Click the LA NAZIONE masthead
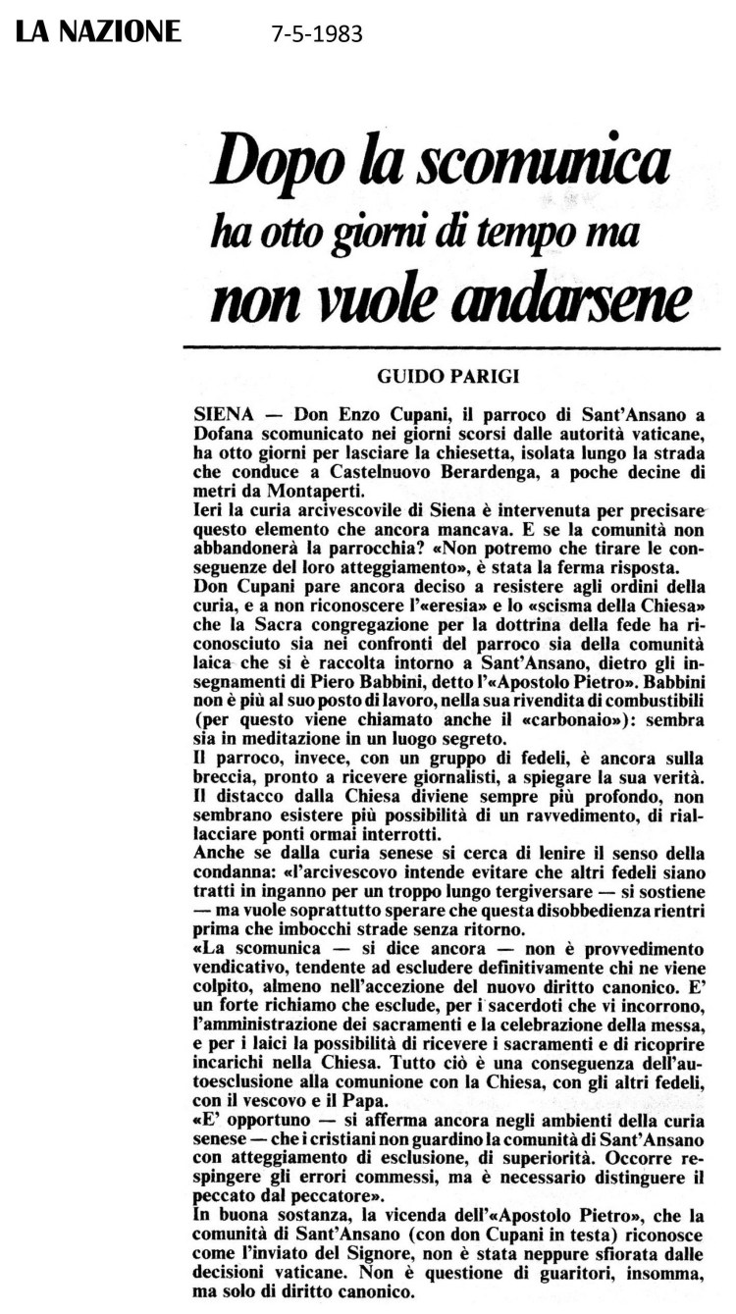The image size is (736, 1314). coord(97,31)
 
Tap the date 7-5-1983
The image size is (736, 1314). coord(317,34)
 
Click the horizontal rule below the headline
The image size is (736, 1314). coord(451,347)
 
